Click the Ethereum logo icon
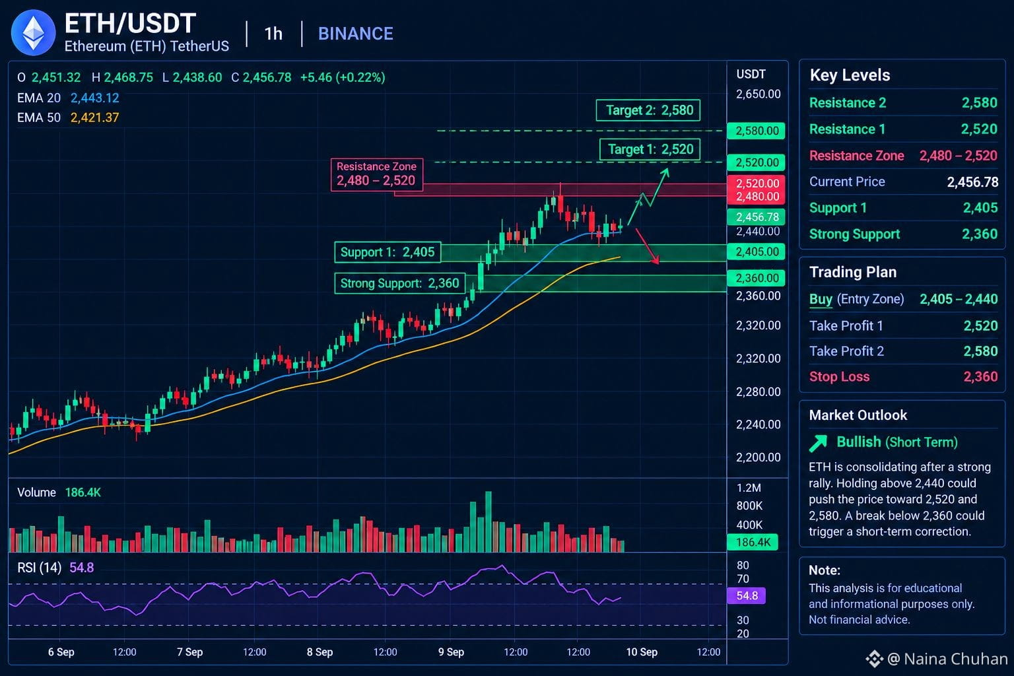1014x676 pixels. (33, 32)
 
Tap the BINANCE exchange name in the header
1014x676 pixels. (355, 34)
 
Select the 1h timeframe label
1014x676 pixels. (273, 34)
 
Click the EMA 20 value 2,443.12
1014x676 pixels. (94, 98)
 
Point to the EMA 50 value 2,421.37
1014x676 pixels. (94, 118)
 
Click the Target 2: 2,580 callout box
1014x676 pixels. (648, 110)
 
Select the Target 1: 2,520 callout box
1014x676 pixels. (650, 149)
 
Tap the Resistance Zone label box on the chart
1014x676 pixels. (377, 174)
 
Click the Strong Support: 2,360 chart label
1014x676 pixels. (399, 283)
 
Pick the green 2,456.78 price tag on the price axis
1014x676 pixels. (756, 217)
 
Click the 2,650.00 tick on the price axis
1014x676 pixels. (758, 94)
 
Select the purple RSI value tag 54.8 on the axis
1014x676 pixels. (747, 595)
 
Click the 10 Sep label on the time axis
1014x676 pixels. (642, 652)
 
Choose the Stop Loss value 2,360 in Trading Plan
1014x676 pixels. (980, 377)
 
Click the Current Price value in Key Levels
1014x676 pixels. (973, 182)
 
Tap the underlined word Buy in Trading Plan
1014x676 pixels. (821, 299)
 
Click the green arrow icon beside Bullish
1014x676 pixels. (819, 443)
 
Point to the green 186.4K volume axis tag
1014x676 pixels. (753, 542)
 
